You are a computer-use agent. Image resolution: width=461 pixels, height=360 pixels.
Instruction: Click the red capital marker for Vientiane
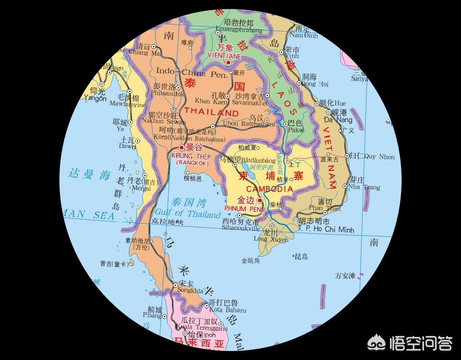point(228,63)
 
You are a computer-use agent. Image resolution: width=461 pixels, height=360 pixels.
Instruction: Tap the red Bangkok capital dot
point(181,147)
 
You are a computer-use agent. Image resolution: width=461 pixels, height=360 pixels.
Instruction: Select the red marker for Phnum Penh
point(259,200)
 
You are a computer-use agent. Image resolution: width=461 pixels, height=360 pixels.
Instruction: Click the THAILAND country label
point(212,112)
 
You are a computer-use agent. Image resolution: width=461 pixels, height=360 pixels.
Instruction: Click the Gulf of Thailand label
point(188,213)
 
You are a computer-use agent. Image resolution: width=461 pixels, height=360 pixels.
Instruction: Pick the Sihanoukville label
point(241,228)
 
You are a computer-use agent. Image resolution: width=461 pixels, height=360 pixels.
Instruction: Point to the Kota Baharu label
point(228,310)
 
